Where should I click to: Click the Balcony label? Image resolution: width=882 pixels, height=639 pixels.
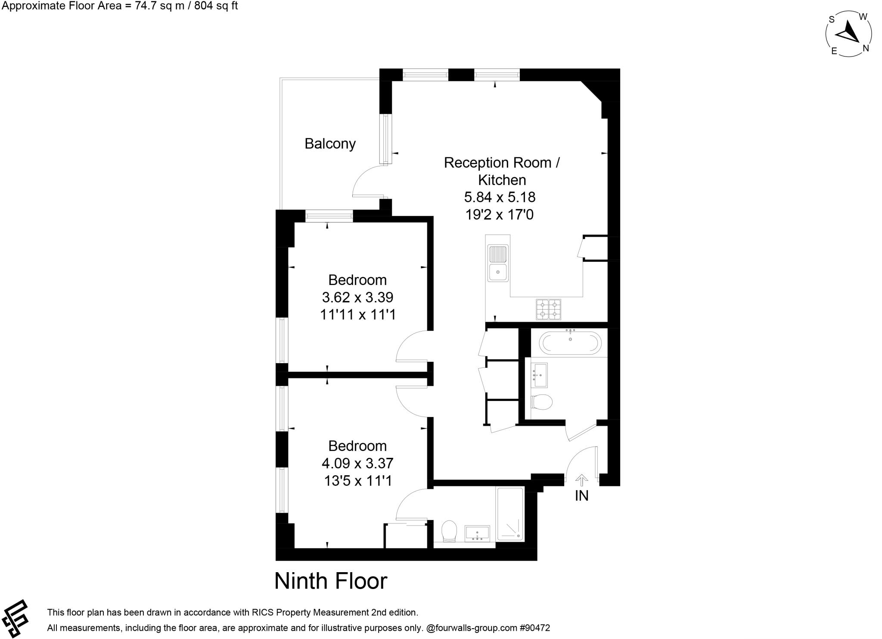pos(330,144)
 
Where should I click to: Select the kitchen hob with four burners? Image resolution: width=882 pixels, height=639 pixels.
pos(548,309)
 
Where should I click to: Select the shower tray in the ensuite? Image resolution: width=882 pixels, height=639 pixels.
pos(510,514)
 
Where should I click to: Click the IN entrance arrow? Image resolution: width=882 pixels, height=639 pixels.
pos(581,480)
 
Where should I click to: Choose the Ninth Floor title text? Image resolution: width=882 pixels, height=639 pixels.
pos(331,581)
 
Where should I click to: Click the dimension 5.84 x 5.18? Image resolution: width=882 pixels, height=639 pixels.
pos(500,197)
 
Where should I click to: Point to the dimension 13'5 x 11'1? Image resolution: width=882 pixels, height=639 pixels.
pos(358,480)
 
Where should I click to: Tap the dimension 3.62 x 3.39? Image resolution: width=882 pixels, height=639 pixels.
pos(357,298)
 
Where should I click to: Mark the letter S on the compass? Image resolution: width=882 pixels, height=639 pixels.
pos(832,19)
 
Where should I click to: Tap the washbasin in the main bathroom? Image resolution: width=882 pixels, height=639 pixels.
pos(539,375)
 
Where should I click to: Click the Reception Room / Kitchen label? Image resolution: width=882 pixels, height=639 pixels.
pos(502,171)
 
